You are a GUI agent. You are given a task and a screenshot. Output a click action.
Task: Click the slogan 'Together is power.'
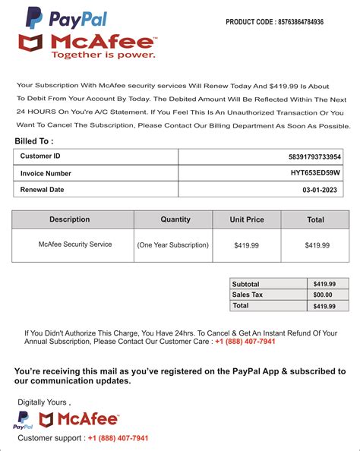pyautogui.click(x=103, y=55)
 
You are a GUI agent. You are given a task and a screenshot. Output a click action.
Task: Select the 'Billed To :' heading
pyautogui.click(x=34, y=141)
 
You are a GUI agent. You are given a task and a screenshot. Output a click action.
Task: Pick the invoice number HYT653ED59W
pyautogui.click(x=316, y=173)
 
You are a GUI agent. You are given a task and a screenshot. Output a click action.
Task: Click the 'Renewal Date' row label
pyautogui.click(x=42, y=189)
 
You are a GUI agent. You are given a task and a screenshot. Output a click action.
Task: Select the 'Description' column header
pyautogui.click(x=70, y=219)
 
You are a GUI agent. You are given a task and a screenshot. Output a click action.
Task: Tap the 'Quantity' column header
pyautogui.click(x=175, y=219)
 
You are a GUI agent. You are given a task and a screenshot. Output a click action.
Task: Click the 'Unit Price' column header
pyautogui.click(x=247, y=219)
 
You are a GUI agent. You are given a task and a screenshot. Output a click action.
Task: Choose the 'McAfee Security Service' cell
pyautogui.click(x=75, y=244)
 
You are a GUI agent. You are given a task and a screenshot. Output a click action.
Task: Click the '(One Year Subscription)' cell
pyautogui.click(x=172, y=245)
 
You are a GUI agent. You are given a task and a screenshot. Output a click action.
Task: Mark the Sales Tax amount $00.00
pyautogui.click(x=324, y=295)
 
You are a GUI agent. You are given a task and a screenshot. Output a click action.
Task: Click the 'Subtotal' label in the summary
pyautogui.click(x=246, y=283)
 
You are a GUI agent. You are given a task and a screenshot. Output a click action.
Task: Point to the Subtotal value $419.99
pyautogui.click(x=324, y=283)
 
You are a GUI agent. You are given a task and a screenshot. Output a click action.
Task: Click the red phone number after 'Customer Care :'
pyautogui.click(x=245, y=342)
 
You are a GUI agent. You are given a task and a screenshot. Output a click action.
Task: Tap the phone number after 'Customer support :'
pyautogui.click(x=118, y=438)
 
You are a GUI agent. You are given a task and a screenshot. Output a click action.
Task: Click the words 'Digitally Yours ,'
pyautogui.click(x=43, y=402)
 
